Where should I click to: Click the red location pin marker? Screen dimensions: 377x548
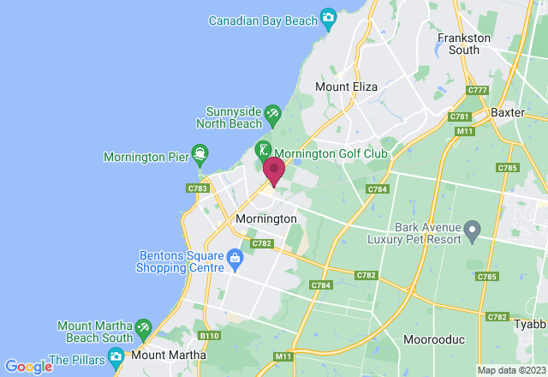point(274,170)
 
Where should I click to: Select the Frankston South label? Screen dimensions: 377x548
point(464,44)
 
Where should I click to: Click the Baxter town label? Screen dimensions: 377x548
point(507,112)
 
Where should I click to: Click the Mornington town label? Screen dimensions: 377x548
point(265,219)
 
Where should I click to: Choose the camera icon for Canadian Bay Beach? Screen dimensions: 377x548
point(328,18)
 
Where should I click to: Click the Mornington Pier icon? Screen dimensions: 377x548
point(200,156)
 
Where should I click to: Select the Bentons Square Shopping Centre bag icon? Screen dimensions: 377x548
point(235,257)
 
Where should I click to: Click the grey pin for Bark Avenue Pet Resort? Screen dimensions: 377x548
point(472,230)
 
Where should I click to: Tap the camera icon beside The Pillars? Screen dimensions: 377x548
point(116,355)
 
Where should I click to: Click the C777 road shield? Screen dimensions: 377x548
point(477,90)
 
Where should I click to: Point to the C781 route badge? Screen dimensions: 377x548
point(460,117)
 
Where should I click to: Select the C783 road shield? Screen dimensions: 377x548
point(196,188)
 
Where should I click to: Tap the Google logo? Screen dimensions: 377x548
point(27,367)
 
